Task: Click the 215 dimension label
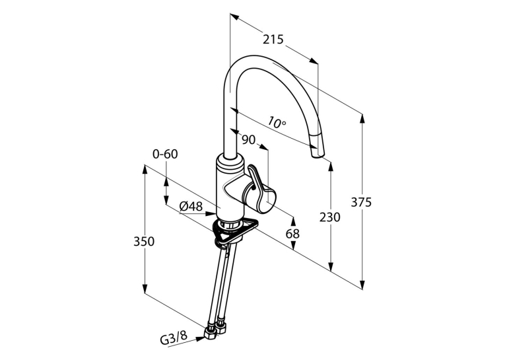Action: coord(273,40)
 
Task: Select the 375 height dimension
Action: coord(361,202)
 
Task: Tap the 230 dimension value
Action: coord(330,217)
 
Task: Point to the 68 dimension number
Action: coord(292,234)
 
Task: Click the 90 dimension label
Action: coord(248,140)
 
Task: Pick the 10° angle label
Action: coord(277,123)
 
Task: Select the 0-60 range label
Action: coord(165,154)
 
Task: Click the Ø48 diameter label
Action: coord(191,206)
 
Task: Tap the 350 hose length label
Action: coord(144,241)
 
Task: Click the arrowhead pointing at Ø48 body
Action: coord(211,213)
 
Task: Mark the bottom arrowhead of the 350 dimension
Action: coord(145,287)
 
